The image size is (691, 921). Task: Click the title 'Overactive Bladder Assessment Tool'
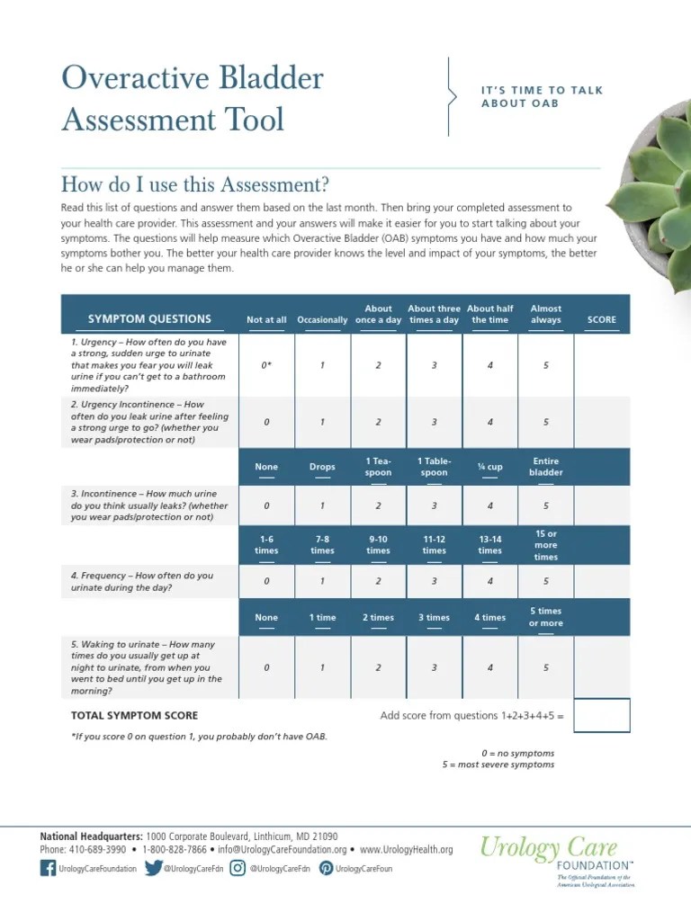(192, 99)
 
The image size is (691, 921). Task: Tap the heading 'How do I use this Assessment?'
(194, 185)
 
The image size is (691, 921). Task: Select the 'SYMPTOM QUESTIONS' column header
(149, 319)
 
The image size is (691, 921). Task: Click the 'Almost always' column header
(545, 314)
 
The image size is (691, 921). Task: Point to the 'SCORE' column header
(601, 319)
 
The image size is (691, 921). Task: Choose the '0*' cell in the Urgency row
(266, 365)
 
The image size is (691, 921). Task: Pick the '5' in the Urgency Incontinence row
(545, 422)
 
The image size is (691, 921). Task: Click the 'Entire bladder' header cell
(545, 467)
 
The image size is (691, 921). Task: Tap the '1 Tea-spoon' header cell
(379, 467)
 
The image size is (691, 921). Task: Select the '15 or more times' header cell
(545, 545)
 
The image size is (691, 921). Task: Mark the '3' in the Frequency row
(434, 581)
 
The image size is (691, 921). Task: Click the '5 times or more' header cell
(545, 617)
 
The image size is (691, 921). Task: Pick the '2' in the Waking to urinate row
(379, 667)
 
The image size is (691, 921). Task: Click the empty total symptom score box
(601, 716)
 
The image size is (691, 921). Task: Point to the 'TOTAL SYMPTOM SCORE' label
(134, 716)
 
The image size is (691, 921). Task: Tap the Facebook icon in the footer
(48, 869)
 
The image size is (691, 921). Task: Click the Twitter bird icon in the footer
(154, 869)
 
